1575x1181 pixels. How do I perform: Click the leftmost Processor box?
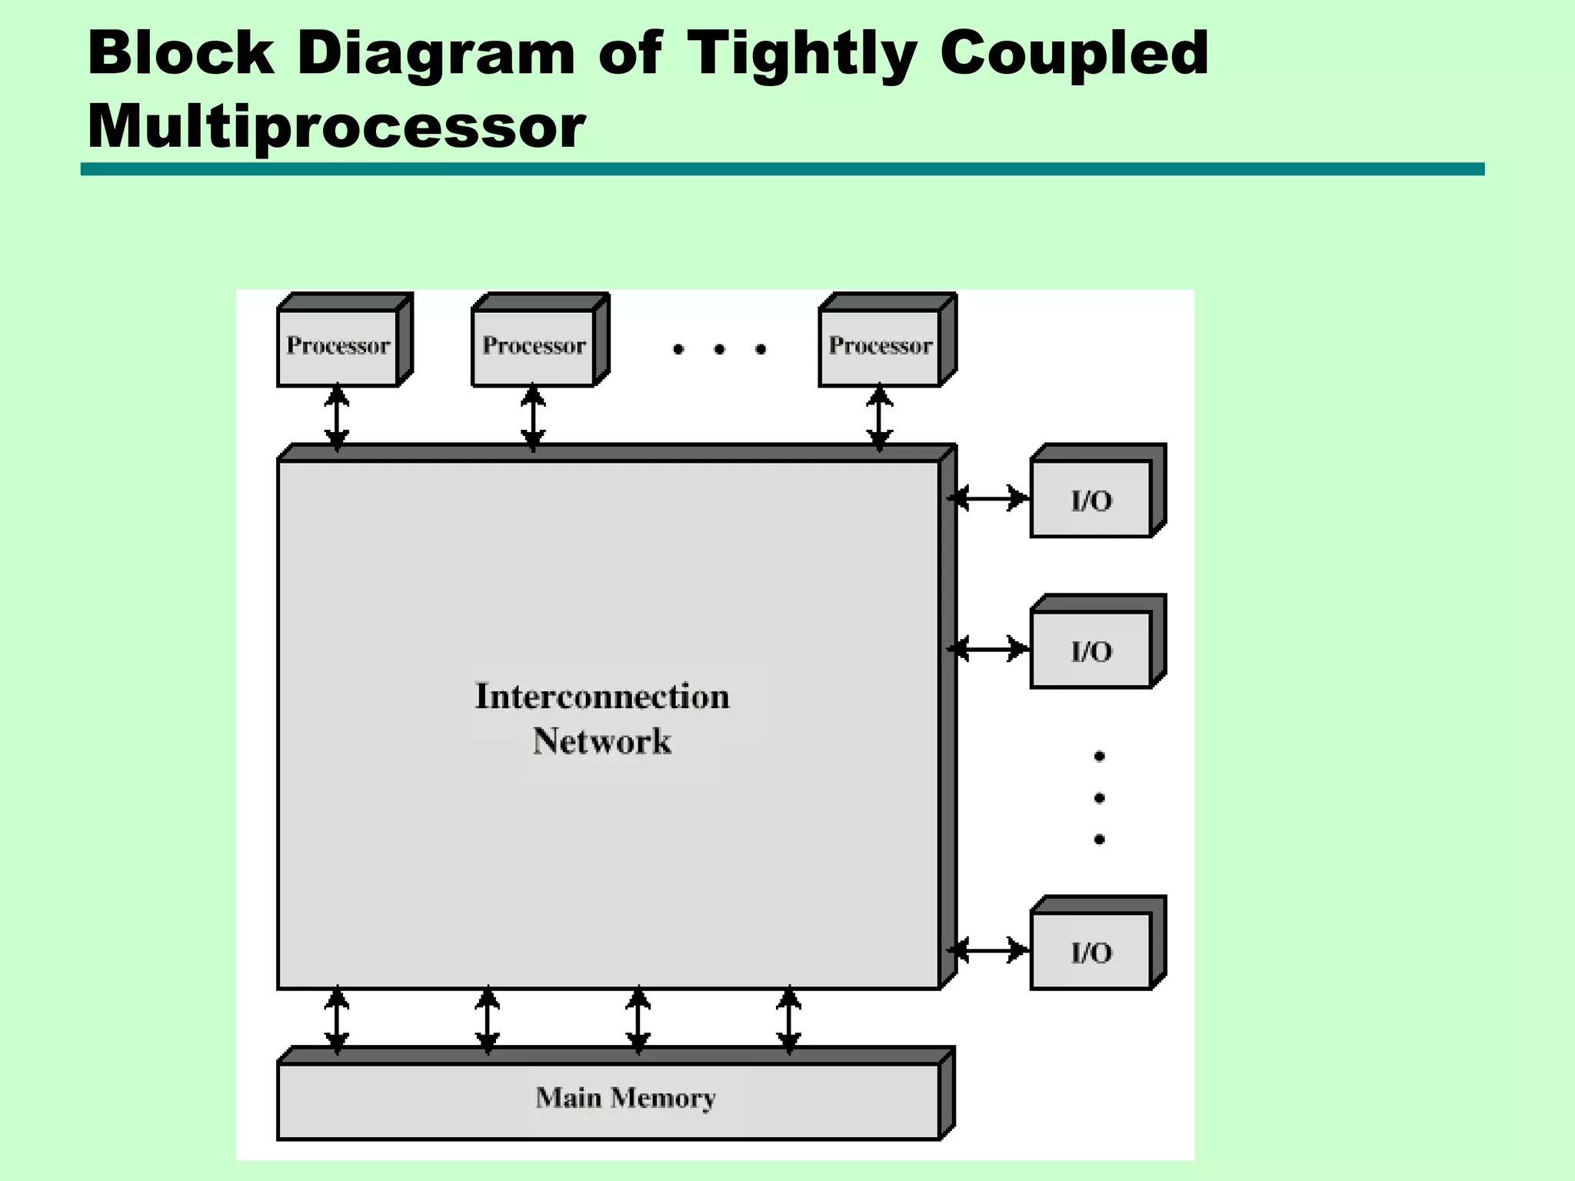coord(338,347)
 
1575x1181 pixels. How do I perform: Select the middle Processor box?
coord(534,347)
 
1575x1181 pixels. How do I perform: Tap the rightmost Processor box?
coord(880,347)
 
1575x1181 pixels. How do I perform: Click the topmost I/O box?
coord(1091,500)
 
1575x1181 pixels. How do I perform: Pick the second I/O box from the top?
coord(1091,650)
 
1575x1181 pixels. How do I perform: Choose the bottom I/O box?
coord(1091,952)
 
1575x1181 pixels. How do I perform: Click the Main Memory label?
coord(625,1098)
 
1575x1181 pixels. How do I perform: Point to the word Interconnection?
coord(602,697)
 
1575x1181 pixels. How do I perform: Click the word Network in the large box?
coord(602,741)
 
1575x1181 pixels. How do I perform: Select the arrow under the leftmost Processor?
coord(337,418)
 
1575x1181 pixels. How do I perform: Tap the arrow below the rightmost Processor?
coord(880,418)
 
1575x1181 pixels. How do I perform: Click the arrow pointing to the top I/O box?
coord(987,498)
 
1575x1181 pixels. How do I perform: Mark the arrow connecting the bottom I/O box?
coord(987,950)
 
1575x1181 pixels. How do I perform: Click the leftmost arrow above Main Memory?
coord(337,1020)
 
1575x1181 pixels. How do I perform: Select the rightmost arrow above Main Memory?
coord(789,1020)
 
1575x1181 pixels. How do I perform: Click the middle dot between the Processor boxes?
coord(720,349)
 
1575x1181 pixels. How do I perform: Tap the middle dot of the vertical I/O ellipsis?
coord(1099,798)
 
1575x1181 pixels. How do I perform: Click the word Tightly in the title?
coord(801,54)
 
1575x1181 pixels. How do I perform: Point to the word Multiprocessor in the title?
coord(337,126)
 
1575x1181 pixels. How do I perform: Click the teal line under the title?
coord(782,169)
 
